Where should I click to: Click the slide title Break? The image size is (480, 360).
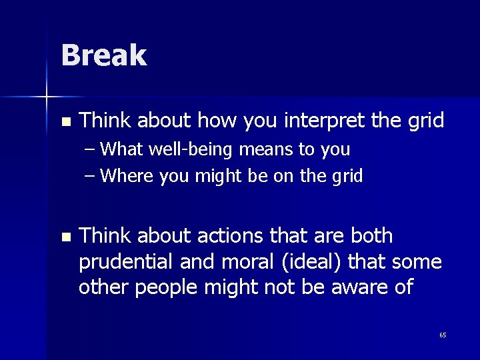coord(103,55)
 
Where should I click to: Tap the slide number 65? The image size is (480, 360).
coord(443,335)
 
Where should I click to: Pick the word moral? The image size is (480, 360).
coord(239,262)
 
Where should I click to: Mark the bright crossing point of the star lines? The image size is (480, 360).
coord(47,97)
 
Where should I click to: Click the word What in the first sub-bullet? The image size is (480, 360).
coord(124,149)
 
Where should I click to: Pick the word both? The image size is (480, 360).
coord(371,236)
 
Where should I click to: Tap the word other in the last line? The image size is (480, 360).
coord(102,287)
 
